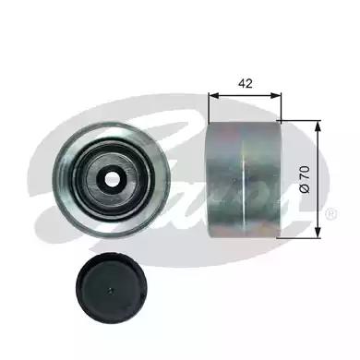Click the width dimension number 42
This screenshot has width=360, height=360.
click(246, 83)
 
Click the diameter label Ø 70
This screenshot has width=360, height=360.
click(305, 179)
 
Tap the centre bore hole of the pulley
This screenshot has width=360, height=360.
click(112, 178)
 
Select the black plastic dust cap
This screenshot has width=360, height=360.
click(110, 288)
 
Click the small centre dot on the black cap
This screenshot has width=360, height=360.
click(111, 290)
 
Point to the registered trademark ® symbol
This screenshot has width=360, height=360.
click(331, 213)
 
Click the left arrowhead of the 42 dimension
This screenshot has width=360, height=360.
click(213, 95)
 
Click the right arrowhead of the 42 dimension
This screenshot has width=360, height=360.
click(276, 95)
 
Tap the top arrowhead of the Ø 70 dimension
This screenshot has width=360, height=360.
click(318, 126)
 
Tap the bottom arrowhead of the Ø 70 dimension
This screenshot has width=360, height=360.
click(318, 233)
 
